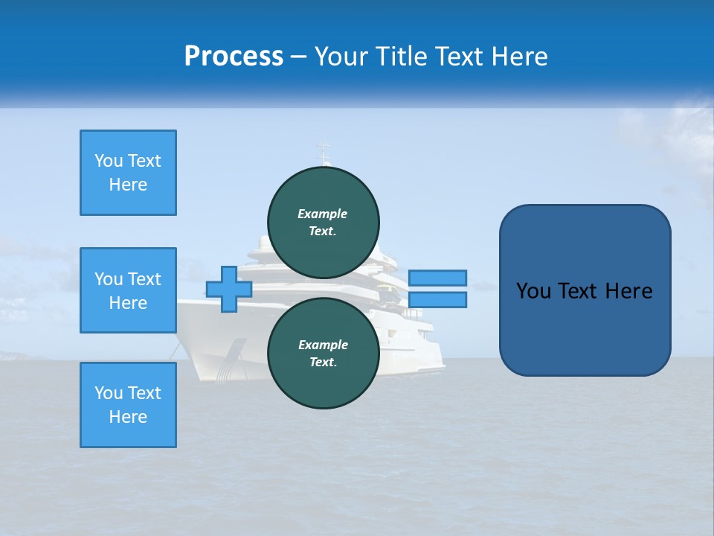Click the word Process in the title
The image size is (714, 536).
click(234, 56)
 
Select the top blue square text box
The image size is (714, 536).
click(128, 173)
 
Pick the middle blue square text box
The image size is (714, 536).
click(128, 290)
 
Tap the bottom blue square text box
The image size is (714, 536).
click(128, 405)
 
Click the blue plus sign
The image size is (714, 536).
click(229, 289)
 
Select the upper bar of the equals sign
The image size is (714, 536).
click(437, 278)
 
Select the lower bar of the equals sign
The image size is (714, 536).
click(437, 299)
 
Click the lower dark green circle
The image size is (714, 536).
click(324, 354)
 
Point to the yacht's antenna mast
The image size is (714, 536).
click(323, 153)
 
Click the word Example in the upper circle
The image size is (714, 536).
click(322, 214)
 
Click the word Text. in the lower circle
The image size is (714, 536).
click(322, 363)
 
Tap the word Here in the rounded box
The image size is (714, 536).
click(628, 291)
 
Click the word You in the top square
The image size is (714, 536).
click(109, 161)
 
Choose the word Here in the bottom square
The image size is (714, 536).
click(128, 417)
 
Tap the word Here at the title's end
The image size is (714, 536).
click(519, 57)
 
